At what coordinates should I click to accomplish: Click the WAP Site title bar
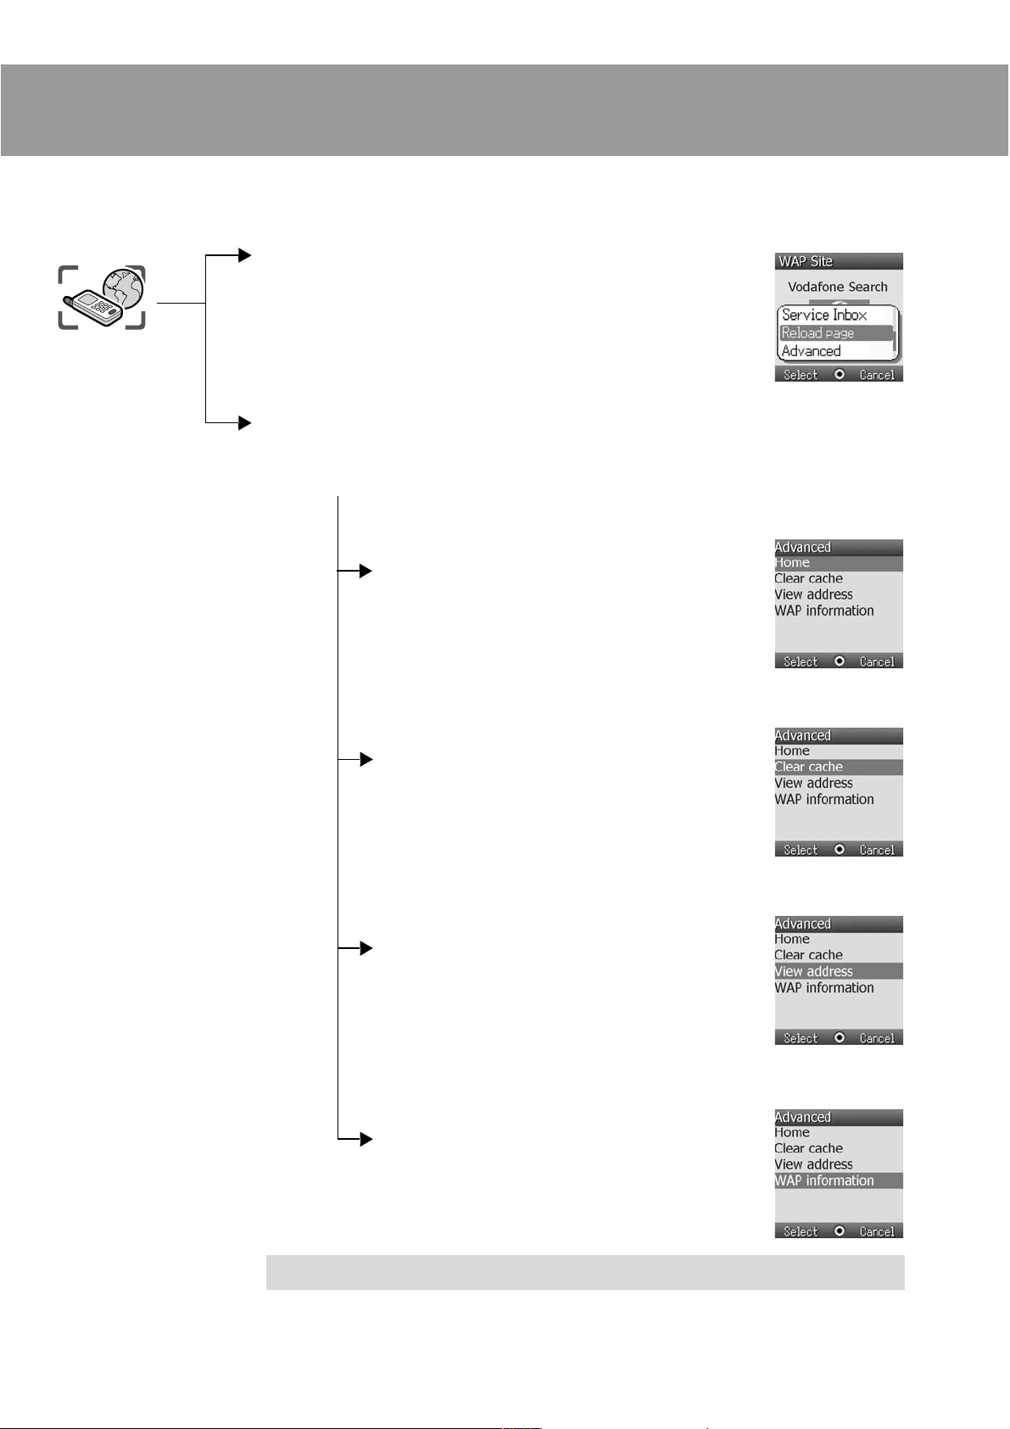coord(838,261)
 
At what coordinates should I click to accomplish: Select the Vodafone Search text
coord(837,287)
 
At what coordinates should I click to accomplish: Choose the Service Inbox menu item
coord(823,315)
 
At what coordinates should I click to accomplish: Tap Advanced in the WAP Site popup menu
coord(811,351)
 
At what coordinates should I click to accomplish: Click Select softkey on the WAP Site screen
coord(800,375)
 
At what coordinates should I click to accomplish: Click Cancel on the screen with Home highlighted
coord(876,661)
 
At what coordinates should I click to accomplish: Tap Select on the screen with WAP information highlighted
coord(800,1231)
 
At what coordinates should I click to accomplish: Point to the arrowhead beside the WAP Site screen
coord(245,254)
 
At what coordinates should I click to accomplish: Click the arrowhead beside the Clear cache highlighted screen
coord(365,759)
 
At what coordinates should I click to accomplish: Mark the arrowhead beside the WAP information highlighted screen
coord(365,1139)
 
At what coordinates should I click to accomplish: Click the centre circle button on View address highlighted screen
coord(840,1038)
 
